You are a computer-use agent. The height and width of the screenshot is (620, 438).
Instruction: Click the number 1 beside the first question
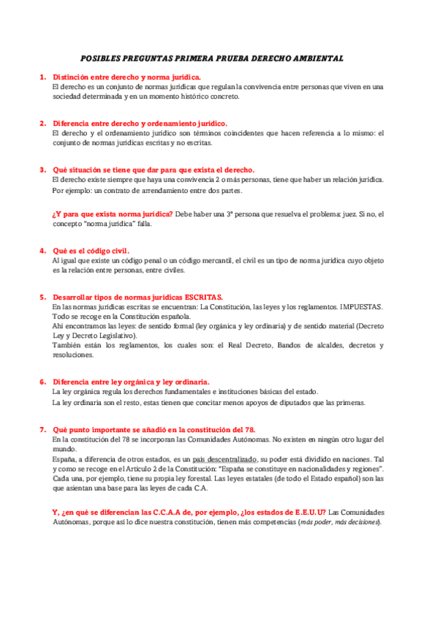(42, 77)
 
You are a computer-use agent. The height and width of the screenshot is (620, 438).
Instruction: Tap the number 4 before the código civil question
(42, 250)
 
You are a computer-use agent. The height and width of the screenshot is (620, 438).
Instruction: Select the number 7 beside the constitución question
(42, 429)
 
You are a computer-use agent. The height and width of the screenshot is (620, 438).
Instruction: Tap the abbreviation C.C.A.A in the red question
(168, 512)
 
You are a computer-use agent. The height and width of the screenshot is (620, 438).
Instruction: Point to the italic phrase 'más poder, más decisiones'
(338, 522)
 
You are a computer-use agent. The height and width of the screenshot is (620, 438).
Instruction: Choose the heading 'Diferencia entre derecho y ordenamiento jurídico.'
(140, 123)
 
